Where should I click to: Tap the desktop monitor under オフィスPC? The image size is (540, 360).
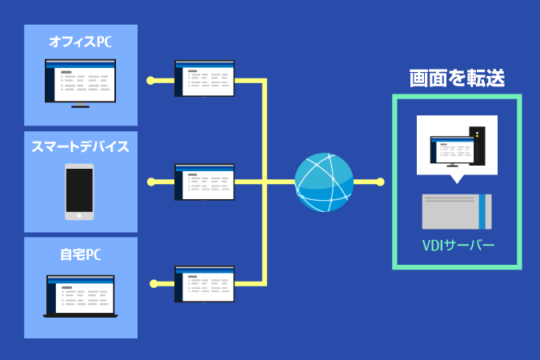click(x=80, y=82)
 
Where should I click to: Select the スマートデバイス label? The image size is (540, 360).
click(x=80, y=147)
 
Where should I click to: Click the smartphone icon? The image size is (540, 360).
click(x=79, y=192)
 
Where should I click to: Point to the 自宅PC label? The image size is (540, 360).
click(x=80, y=254)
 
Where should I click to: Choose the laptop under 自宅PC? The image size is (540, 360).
click(x=80, y=295)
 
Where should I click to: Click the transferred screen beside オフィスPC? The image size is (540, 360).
click(x=205, y=79)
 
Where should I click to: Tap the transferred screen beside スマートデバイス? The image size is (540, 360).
click(x=205, y=182)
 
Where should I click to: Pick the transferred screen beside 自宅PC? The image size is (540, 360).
click(x=205, y=283)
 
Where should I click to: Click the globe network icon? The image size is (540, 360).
click(x=323, y=182)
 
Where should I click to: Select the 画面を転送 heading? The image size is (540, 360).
click(x=456, y=78)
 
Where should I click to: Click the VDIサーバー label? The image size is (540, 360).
click(x=457, y=244)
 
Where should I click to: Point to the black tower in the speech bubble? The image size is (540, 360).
click(x=478, y=143)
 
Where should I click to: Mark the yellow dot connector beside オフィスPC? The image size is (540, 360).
click(x=150, y=80)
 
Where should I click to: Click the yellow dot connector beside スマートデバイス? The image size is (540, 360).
click(x=150, y=182)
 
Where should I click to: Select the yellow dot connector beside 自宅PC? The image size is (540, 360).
click(x=150, y=283)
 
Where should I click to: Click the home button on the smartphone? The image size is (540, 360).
click(x=79, y=214)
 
